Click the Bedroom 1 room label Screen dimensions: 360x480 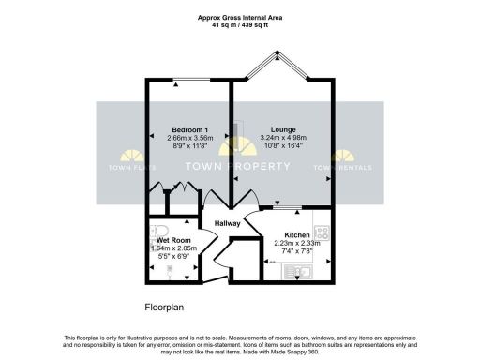click(x=188, y=128)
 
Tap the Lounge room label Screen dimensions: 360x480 click(x=283, y=128)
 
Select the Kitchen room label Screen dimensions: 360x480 click(x=296, y=234)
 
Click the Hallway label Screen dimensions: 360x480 click(x=228, y=223)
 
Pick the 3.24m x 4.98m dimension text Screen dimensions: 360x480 click(x=283, y=138)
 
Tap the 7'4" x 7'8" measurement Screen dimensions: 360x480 click(x=296, y=252)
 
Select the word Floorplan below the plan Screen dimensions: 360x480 click(x=169, y=306)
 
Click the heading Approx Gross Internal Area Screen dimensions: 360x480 click(x=240, y=17)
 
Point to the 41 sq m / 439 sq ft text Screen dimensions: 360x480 click(x=240, y=24)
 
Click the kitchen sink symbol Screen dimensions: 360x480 click(x=303, y=273)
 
